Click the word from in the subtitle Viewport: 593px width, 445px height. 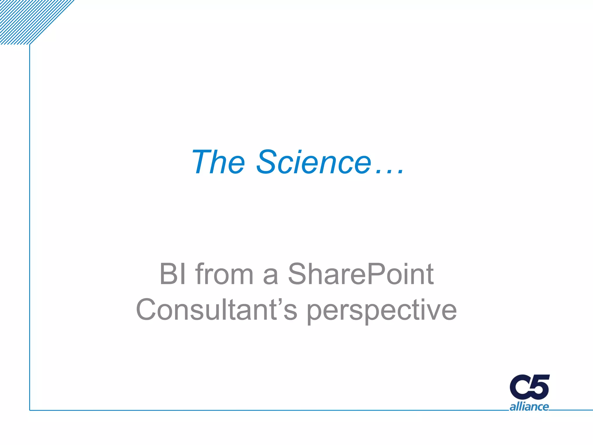coord(224,274)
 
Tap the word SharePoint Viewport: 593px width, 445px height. coord(361,274)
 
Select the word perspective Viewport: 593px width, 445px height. coord(382,311)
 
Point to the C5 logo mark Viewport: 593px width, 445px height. coord(530,387)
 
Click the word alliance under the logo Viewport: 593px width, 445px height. coord(529,407)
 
